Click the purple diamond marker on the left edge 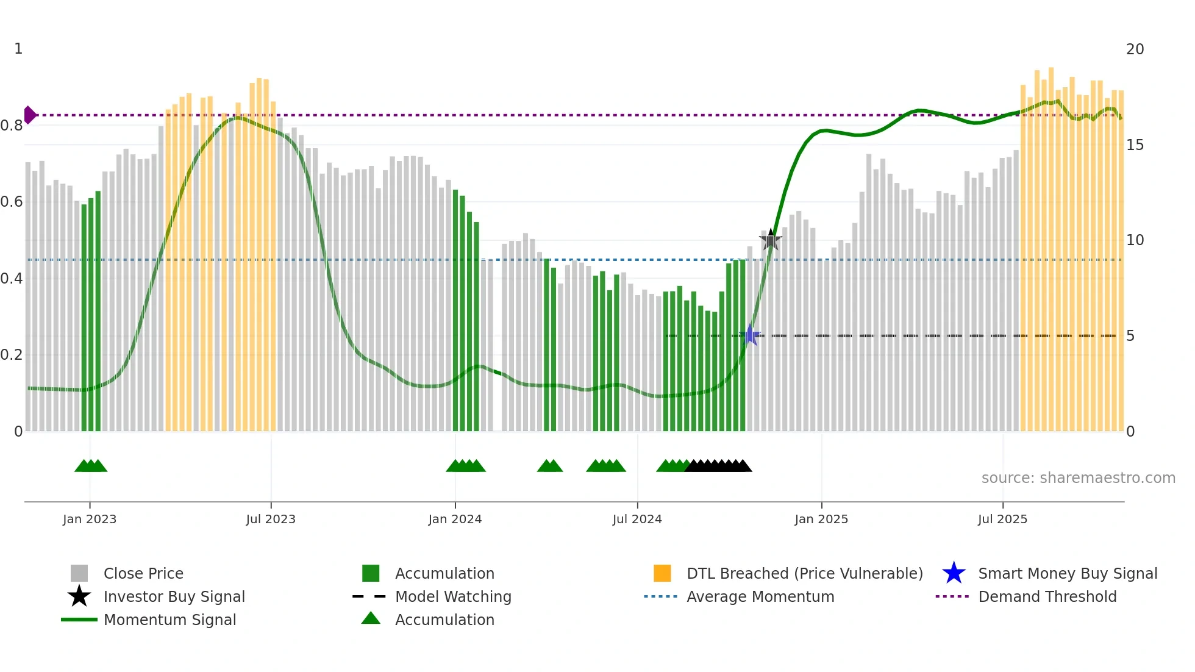click(x=30, y=115)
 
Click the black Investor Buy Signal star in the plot click(x=771, y=240)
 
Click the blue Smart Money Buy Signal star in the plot click(x=751, y=335)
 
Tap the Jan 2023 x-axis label click(x=90, y=519)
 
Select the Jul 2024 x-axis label click(x=637, y=519)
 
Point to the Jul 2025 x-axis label click(x=1002, y=519)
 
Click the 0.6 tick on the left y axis click(x=12, y=202)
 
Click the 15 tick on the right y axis click(x=1135, y=145)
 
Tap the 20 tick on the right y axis click(x=1135, y=49)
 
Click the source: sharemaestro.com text click(x=1078, y=478)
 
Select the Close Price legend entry click(x=143, y=573)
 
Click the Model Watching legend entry click(x=453, y=596)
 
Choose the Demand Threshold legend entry click(x=1047, y=596)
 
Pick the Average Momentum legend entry click(x=760, y=596)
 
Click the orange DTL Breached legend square click(x=662, y=573)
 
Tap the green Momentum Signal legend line click(x=79, y=620)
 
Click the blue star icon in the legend click(x=954, y=573)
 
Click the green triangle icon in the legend click(x=371, y=619)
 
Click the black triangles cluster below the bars click(x=718, y=466)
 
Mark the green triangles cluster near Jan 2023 click(x=91, y=466)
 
